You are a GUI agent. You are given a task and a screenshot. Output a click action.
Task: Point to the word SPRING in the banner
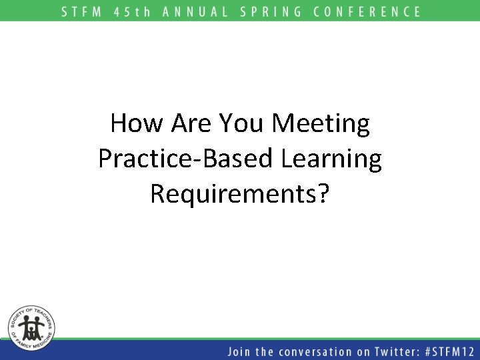271,11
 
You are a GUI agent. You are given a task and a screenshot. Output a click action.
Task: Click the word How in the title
135,123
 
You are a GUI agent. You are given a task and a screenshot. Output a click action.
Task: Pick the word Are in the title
191,123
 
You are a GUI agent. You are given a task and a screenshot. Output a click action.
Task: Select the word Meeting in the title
322,125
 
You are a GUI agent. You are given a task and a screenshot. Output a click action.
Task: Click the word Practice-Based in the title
184,159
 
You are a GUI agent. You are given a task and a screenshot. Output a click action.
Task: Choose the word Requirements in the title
233,195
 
